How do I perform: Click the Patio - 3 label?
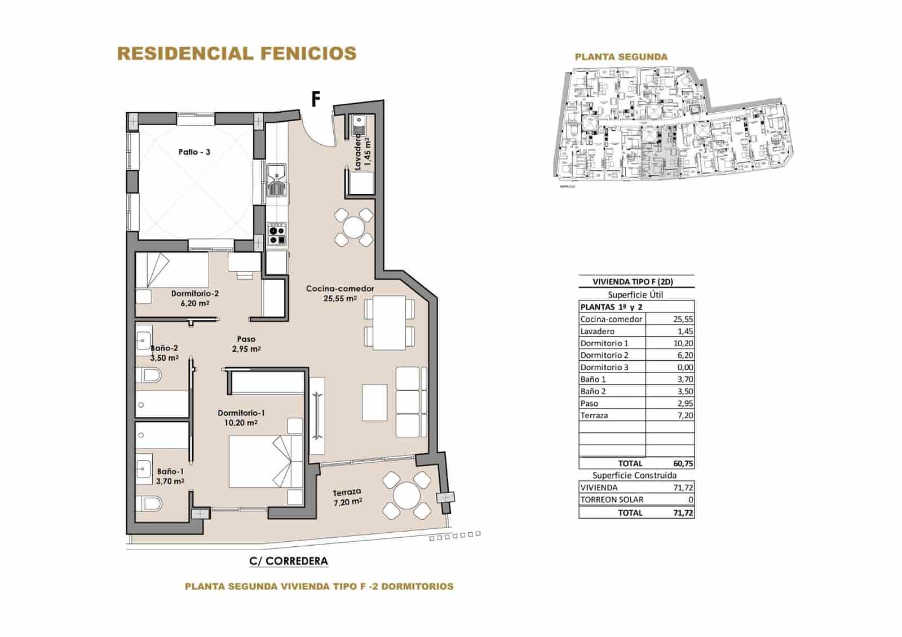click(x=194, y=152)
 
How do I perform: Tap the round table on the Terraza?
click(x=406, y=497)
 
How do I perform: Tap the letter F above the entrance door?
click(x=316, y=100)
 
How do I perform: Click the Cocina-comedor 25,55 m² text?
click(x=340, y=293)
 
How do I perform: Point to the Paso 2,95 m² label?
click(x=246, y=344)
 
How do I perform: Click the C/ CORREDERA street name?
click(x=288, y=561)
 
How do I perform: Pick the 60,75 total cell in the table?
click(x=683, y=463)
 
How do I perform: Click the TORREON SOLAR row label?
click(x=612, y=499)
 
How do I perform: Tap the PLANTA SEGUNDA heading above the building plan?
click(x=621, y=57)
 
